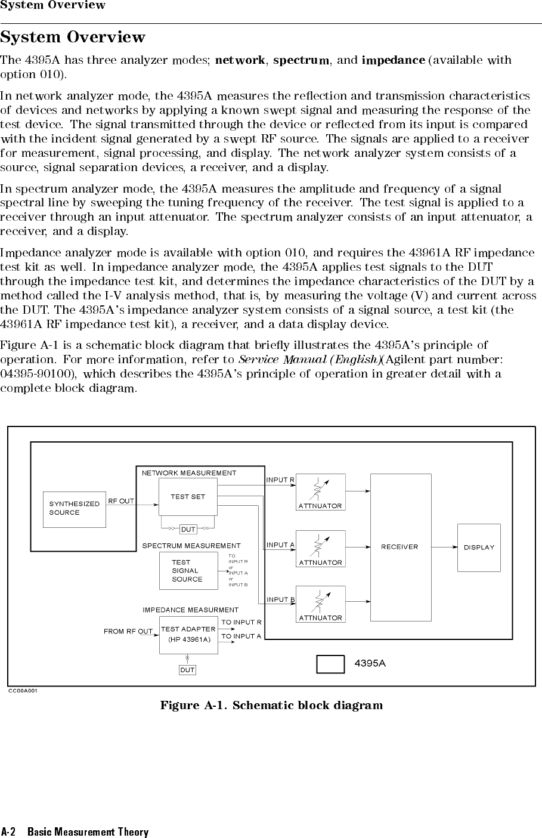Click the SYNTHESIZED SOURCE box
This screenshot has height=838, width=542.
point(75,509)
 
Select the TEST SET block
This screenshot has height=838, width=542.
point(188,497)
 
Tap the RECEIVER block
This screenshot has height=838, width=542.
point(400,547)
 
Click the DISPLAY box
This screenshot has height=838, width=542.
point(479,548)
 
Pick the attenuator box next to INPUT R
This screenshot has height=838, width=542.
point(321,492)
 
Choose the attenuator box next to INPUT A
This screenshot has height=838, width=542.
point(321,549)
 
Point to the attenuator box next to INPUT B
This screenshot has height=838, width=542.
point(321,604)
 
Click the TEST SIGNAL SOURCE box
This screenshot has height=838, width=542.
point(188,571)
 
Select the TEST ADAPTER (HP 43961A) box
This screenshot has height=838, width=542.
point(188,635)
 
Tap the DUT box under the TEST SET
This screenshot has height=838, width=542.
point(188,530)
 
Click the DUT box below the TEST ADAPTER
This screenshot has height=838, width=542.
point(187,670)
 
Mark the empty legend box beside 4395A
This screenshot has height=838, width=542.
point(330,664)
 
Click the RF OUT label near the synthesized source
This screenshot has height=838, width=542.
point(121,501)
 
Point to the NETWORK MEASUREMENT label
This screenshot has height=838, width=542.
point(189,473)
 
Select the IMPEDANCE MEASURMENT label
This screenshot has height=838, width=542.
point(190,610)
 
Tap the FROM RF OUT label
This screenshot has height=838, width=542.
point(128,631)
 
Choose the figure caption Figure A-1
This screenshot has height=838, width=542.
point(271,706)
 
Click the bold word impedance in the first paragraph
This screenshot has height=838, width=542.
point(394,60)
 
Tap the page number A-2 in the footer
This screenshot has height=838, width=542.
point(8,831)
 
